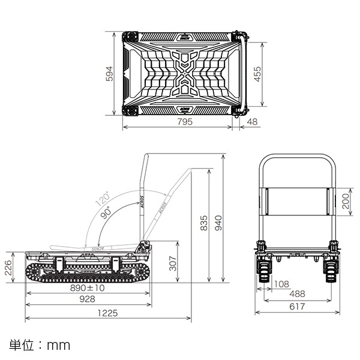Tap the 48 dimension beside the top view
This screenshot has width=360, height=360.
point(252,123)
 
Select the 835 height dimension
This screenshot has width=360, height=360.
point(205,223)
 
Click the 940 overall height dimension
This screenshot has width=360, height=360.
point(219,223)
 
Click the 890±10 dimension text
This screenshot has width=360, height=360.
point(87,288)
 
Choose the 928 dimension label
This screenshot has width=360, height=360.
point(87,300)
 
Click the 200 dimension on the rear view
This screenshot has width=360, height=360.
point(346,200)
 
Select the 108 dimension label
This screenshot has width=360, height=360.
point(280,284)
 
